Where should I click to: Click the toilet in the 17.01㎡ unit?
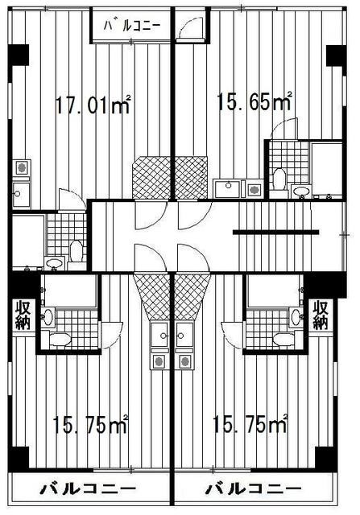coord(76,250)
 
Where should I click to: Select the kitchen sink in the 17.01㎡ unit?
coord(21,192)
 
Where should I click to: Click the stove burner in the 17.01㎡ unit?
coord(22,170)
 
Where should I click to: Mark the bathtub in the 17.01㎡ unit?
coord(27,234)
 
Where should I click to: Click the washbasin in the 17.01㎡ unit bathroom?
coord(55,262)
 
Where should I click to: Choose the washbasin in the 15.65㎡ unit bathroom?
coord(301,191)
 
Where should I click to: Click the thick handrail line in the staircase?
coord(275,232)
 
